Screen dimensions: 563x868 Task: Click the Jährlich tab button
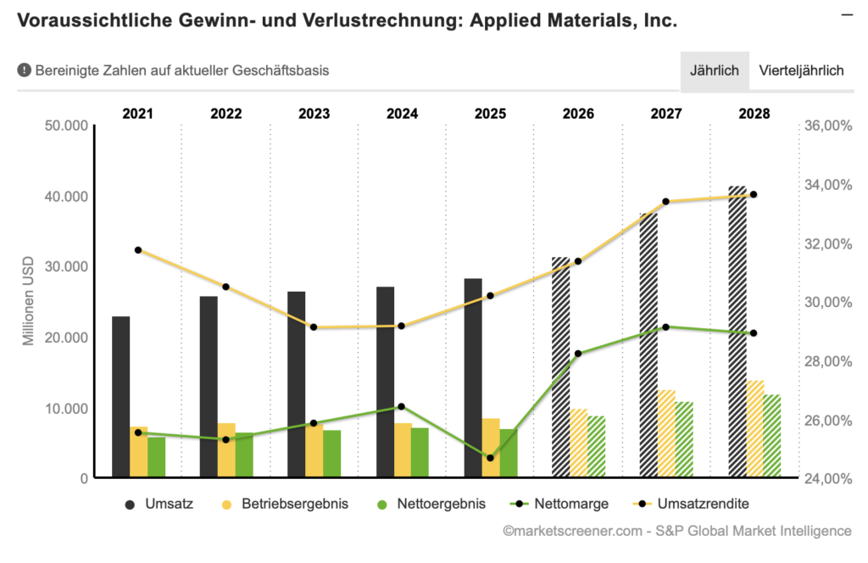click(x=714, y=70)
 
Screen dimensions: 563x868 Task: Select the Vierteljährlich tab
click(x=801, y=70)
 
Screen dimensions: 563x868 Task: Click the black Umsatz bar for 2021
click(x=121, y=397)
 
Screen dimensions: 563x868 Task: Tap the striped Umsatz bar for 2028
click(x=737, y=331)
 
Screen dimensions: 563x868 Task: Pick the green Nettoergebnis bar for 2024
click(x=420, y=453)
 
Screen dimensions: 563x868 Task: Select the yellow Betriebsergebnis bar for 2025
click(x=490, y=448)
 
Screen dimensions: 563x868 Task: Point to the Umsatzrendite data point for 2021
click(x=138, y=250)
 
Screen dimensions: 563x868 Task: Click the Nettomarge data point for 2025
click(x=490, y=458)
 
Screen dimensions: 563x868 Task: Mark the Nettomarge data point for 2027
click(x=665, y=327)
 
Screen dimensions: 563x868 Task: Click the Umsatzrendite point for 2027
click(x=665, y=202)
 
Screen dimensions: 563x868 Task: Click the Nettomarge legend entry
click(x=560, y=504)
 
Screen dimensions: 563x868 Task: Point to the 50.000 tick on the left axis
click(x=66, y=125)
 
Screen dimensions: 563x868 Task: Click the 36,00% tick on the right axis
click(x=826, y=125)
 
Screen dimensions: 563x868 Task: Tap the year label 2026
click(x=578, y=113)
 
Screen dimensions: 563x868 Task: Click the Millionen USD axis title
click(x=28, y=302)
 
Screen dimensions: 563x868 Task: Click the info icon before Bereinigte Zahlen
click(x=24, y=70)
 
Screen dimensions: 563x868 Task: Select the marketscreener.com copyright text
click(x=676, y=531)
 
